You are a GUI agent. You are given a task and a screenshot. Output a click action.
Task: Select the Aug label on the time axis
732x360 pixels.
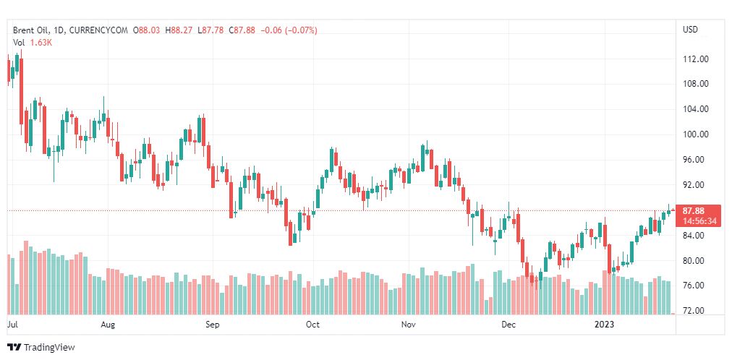(108, 325)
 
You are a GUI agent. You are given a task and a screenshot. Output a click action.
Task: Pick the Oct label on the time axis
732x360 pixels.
(312, 325)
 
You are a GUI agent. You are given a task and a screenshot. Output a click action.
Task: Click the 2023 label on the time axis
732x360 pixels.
(604, 325)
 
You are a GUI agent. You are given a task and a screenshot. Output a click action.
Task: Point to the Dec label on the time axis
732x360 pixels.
(509, 325)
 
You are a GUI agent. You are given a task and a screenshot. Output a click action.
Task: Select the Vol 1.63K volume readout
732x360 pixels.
(33, 43)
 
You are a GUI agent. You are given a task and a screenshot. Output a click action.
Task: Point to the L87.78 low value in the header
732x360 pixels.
(212, 30)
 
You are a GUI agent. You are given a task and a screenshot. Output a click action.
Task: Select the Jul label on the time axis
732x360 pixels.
(12, 325)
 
